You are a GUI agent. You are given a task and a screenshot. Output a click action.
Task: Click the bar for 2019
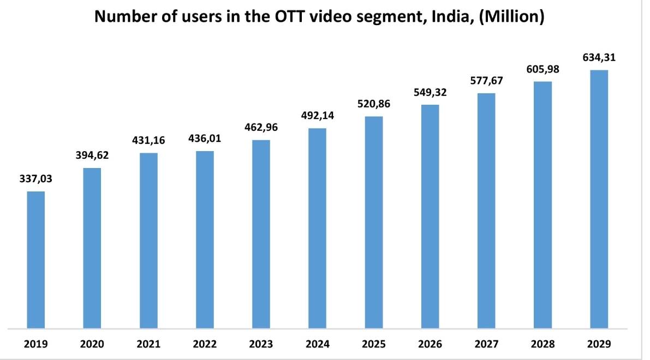pos(36,260)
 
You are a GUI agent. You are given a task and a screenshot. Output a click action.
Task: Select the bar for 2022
pos(205,240)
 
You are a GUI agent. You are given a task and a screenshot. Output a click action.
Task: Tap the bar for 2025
pos(374,223)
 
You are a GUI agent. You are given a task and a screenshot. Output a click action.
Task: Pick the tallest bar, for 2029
pos(599,199)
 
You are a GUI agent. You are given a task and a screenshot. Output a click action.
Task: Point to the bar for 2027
pos(486,211)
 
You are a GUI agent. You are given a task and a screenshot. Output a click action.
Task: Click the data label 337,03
pos(36,179)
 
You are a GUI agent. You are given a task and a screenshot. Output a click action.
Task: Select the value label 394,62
pos(92,155)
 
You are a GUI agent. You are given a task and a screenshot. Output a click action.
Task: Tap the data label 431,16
pos(148,140)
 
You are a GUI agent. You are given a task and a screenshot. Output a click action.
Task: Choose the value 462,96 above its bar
pos(261,128)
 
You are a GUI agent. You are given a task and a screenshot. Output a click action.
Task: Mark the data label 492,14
pos(317,116)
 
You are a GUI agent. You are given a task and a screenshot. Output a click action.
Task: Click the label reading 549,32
pos(430,92)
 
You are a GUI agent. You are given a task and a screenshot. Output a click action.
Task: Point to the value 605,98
pos(542,69)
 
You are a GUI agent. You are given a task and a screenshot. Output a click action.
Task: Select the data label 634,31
pos(599,57)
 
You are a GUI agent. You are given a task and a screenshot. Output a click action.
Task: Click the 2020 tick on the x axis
pos(92,345)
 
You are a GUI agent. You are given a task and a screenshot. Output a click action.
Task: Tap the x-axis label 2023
pos(261,345)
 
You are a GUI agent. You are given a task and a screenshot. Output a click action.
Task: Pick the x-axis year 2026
pos(430,345)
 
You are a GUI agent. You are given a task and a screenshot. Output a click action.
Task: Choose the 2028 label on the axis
pos(542,345)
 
